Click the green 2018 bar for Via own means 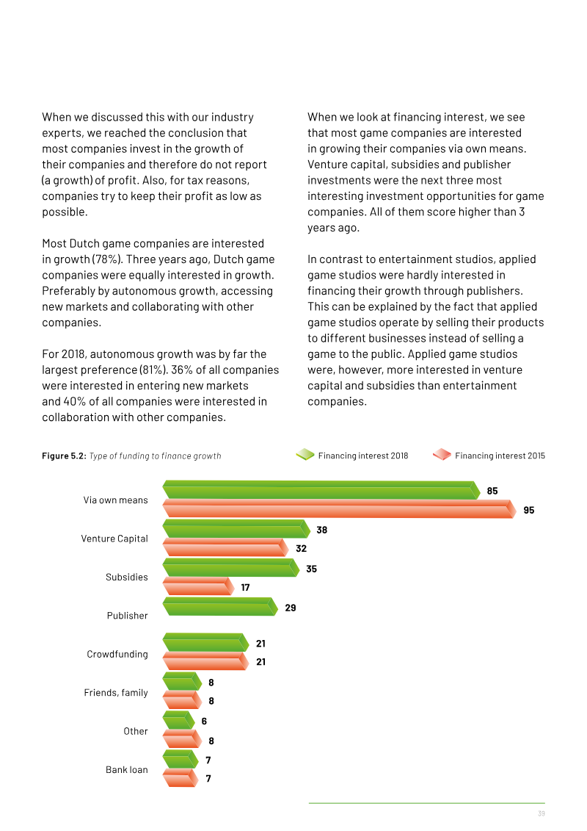pos(321,489)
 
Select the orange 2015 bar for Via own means pos(339,508)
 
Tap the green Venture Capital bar pos(236,529)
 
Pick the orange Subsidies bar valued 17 pos(198,586)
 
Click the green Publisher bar pos(220,606)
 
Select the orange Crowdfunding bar pos(205,661)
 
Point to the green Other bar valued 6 pos(179,720)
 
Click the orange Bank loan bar pos(181,778)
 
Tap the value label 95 pos(529,511)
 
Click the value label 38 pos(322,530)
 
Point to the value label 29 pos(291,608)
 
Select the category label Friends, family pos(116,693)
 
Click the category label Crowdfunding pos(117,654)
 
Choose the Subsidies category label pos(126,577)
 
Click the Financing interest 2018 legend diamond pos(305,455)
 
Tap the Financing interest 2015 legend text pos(500,456)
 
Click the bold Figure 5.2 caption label pos(64,456)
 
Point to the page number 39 pos(542,813)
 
